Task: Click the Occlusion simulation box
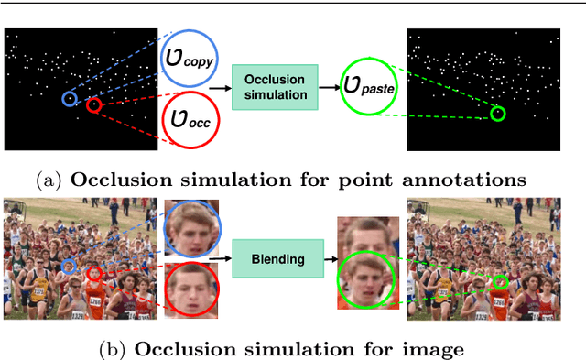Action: click(x=275, y=88)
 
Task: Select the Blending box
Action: click(x=277, y=259)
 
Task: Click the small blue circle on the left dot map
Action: click(x=70, y=97)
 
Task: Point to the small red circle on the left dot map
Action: click(x=93, y=105)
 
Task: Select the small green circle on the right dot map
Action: click(x=497, y=114)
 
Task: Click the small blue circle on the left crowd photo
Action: click(x=71, y=267)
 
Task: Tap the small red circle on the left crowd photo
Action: click(x=93, y=274)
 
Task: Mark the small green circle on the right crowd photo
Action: click(x=500, y=281)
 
